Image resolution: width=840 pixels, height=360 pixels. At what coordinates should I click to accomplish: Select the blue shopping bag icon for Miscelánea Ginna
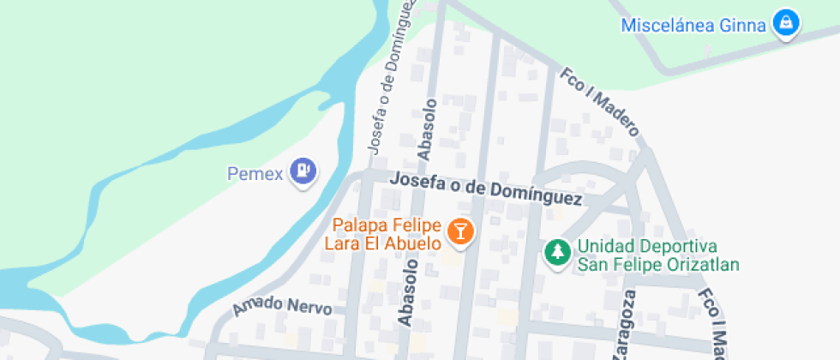(785, 24)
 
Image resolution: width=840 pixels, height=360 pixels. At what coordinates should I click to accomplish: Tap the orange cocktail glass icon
(461, 231)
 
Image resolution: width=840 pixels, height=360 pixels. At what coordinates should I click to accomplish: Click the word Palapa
(359, 226)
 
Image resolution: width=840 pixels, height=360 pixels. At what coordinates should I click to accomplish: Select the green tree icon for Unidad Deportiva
(558, 252)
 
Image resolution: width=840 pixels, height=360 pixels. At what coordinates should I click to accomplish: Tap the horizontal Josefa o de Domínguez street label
(485, 189)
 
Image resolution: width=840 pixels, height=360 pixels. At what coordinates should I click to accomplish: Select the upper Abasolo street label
(427, 129)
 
